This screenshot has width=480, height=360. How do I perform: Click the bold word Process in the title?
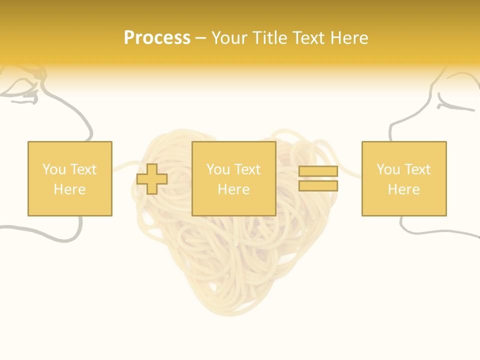[x=157, y=38]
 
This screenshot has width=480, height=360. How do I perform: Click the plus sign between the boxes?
[x=152, y=179]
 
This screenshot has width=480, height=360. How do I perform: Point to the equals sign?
[x=318, y=178]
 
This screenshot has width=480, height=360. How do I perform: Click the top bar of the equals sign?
[x=318, y=171]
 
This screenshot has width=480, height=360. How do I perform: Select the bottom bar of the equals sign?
[x=318, y=185]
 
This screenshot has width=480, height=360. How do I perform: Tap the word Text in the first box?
[x=83, y=169]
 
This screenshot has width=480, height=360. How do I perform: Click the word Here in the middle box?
[x=234, y=189]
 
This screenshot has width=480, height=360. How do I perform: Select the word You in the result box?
[x=388, y=169]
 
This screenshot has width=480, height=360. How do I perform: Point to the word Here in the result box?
[x=404, y=189]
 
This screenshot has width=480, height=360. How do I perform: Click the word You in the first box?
[x=54, y=169]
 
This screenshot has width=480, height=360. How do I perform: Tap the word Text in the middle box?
[x=247, y=169]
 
